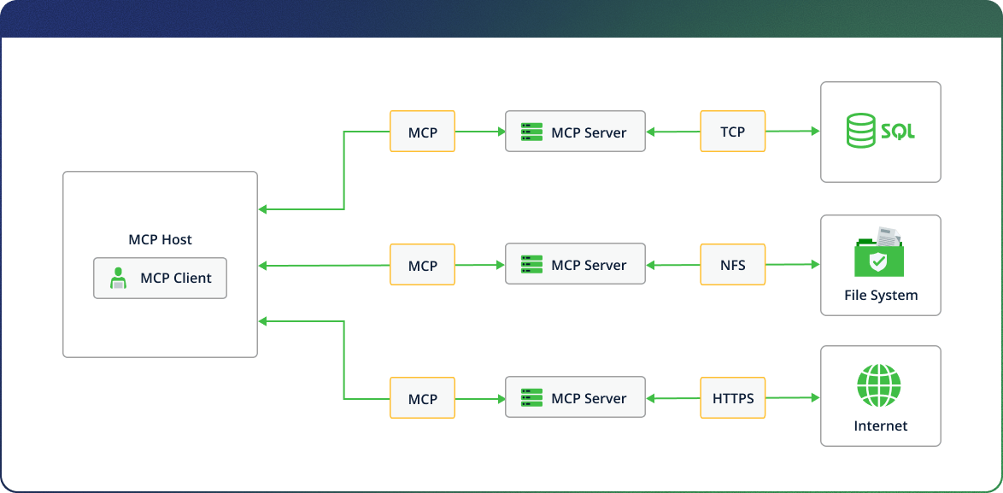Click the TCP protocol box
tap(732, 131)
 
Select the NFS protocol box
tap(732, 264)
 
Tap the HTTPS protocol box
tap(732, 397)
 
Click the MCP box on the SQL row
tap(422, 131)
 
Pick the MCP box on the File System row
tap(422, 264)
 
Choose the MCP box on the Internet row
tap(422, 397)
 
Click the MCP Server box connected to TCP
tap(575, 131)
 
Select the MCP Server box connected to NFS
tap(575, 264)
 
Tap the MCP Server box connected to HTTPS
tap(575, 397)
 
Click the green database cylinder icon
tap(859, 131)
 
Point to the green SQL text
tap(897, 132)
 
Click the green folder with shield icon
tap(879, 253)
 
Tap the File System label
tap(881, 296)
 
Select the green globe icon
tap(879, 385)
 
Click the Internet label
tap(881, 426)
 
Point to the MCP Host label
tap(160, 240)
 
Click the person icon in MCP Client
tap(117, 279)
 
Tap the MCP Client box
tap(160, 279)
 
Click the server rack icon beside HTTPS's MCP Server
tap(531, 397)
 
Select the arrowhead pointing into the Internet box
tap(816, 397)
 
